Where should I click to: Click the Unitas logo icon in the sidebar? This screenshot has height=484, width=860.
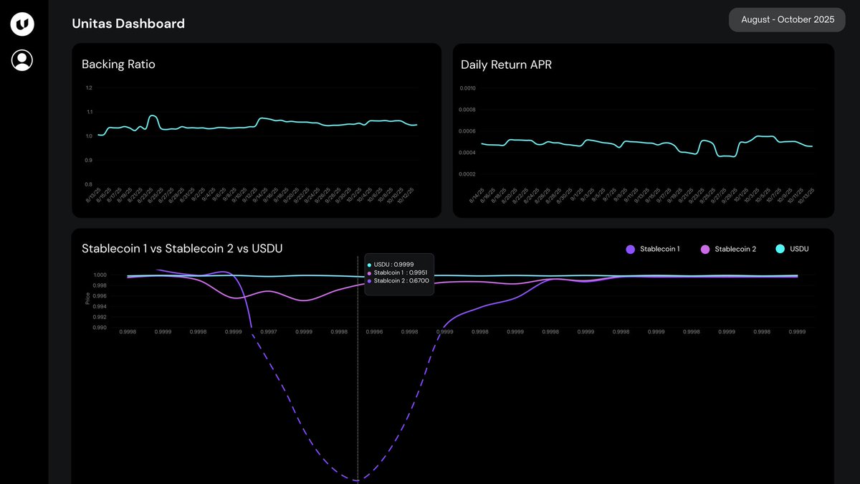click(22, 24)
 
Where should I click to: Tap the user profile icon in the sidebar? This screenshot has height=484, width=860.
click(22, 60)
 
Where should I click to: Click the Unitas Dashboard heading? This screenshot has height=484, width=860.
click(128, 24)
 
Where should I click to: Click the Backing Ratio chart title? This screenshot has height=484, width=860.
click(118, 65)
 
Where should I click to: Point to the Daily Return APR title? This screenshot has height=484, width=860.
click(506, 65)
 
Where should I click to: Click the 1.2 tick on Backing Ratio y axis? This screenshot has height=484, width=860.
click(89, 88)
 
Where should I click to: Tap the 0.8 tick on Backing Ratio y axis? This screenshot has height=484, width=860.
click(89, 184)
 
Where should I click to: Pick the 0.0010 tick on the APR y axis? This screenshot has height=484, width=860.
click(468, 88)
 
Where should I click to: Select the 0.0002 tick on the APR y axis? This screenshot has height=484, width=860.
click(468, 174)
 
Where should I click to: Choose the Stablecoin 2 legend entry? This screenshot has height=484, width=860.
click(728, 249)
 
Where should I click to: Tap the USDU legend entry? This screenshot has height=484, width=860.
click(793, 249)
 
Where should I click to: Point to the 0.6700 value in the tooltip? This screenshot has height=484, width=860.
click(419, 280)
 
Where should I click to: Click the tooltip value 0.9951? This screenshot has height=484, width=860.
click(418, 272)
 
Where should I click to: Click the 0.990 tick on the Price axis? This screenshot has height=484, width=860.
click(100, 328)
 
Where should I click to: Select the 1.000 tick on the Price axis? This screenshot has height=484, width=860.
click(100, 275)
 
